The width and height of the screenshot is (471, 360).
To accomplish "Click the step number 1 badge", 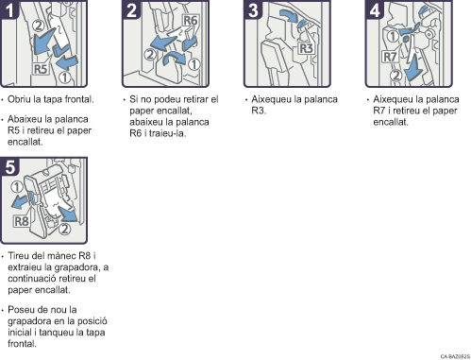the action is point(8,9).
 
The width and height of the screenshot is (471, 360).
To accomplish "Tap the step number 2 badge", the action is point(130,9).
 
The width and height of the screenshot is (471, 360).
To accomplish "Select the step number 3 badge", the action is point(253,9).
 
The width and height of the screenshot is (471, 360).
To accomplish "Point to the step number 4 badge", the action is point(375,9).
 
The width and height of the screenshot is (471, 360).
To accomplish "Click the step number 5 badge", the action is point(9,166).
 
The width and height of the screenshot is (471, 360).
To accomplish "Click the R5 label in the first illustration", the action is point(41,69).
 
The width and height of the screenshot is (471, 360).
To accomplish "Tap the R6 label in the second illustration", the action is point(191,21).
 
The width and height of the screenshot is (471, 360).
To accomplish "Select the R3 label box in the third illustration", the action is point(306,48).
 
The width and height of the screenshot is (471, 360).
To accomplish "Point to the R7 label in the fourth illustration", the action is point(390,57).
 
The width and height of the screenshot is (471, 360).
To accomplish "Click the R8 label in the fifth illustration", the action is point(22,221).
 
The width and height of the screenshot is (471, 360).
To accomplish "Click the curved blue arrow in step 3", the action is point(288,15).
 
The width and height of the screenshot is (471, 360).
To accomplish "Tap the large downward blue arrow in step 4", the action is point(413,67).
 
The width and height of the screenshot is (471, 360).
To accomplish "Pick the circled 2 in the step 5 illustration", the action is point(64,229).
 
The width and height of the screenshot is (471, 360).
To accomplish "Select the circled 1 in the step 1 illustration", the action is point(64,77).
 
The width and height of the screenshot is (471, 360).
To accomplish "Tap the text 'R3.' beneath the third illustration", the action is point(259,111).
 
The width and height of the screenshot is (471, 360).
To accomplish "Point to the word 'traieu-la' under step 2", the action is point(167,133).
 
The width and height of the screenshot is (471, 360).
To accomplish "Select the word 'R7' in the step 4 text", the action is point(379,111).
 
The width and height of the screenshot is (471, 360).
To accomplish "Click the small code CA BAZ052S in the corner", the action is point(455,356).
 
